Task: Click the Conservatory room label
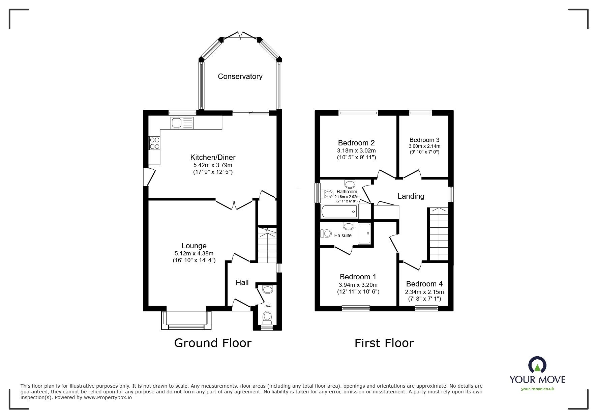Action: pos(240,77)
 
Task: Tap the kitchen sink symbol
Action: pos(182,123)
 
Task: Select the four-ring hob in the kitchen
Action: pos(155,143)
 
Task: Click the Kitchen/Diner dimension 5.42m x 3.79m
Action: pos(212,165)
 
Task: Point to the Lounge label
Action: pos(194,246)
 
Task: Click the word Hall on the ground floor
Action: pos(242,283)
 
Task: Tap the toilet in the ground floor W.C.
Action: pos(267,316)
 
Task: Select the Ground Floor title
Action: pos(213,343)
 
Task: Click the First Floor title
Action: pos(384,343)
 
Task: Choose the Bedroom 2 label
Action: pos(356,143)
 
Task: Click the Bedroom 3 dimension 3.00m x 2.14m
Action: pos(424,146)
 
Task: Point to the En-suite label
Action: pos(343,235)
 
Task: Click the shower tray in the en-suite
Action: pos(364,233)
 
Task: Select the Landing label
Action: pos(411,196)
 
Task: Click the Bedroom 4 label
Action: pos(424,284)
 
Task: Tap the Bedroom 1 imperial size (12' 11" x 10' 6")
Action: pos(358,292)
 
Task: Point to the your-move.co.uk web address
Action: pos(537,389)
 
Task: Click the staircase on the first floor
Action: pos(439,234)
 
